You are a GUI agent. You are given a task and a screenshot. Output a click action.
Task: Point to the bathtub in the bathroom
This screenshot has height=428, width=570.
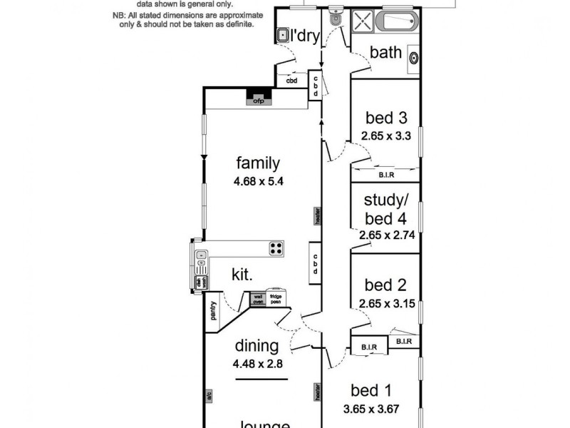point(398,21)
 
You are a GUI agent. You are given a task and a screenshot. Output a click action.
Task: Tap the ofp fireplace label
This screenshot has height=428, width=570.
point(258,101)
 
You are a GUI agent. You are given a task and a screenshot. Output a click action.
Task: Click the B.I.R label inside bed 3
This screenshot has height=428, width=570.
point(385,174)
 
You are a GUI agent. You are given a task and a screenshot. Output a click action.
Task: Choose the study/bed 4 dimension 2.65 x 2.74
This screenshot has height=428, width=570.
point(385,233)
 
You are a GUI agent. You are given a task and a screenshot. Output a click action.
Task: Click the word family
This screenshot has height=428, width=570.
point(258,163)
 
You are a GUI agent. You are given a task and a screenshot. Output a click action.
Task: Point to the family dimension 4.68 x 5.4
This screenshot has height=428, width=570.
point(258,180)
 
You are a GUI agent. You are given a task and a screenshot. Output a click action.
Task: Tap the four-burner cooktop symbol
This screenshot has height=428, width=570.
point(276,248)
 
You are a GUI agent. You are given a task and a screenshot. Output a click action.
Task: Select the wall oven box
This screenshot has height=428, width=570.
point(259,299)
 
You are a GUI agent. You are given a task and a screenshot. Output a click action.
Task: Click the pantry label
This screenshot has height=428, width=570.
point(212,312)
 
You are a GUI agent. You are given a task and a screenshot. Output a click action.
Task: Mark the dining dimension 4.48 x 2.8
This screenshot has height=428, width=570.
point(257,363)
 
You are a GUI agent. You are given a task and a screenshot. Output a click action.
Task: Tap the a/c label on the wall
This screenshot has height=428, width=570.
point(209,393)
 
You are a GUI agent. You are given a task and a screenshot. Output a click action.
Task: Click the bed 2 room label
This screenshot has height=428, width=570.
point(385,285)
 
